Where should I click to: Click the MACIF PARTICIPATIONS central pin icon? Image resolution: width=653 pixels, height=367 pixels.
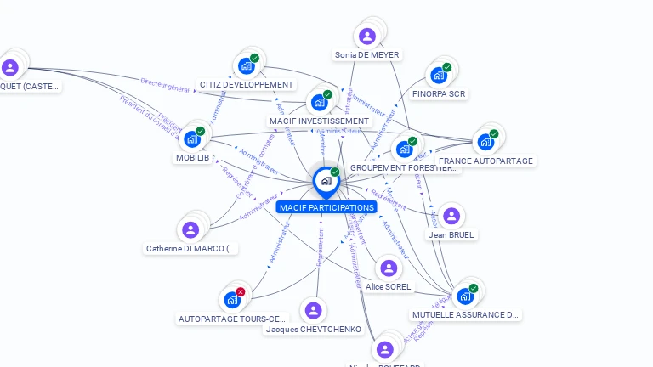point(326,181)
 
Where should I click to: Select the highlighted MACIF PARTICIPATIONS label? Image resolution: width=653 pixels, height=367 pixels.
point(326,207)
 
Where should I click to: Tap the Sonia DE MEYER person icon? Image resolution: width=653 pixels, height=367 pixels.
point(366,36)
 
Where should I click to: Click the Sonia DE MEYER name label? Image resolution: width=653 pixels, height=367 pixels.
point(366,55)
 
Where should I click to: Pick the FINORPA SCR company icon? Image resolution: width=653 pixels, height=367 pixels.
point(439,75)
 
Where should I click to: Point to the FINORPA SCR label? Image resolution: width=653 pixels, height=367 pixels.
point(439,93)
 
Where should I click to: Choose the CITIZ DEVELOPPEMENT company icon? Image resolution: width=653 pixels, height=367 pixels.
point(246,65)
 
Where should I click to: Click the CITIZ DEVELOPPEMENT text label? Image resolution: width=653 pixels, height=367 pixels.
point(246,85)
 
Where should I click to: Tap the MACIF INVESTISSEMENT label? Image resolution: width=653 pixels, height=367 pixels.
point(319,121)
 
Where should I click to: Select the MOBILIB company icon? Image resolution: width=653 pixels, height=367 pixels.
point(192,138)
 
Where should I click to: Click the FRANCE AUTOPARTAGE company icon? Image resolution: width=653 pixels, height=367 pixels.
point(485,141)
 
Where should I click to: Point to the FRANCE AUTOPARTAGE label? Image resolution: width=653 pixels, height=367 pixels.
point(485,161)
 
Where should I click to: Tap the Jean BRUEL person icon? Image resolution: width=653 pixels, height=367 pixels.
point(451,216)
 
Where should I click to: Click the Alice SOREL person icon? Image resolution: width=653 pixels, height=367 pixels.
point(389,268)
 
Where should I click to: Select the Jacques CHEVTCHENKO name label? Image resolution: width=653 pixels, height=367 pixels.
point(314,330)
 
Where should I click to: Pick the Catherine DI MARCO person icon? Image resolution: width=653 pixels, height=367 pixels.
point(190,229)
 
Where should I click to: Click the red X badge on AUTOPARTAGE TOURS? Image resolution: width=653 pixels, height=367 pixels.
point(241,291)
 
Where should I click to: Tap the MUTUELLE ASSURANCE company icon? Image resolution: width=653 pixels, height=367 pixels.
point(465,296)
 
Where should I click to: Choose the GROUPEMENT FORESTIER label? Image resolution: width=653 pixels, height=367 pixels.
point(405,168)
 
